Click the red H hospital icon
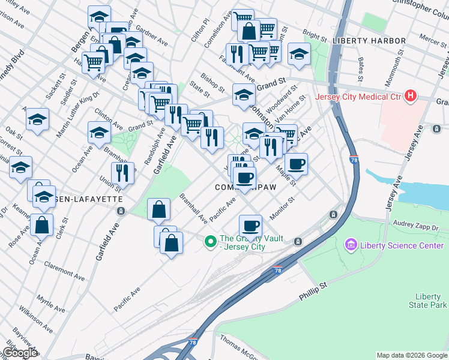pos(411,96)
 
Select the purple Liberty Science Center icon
pos(351,245)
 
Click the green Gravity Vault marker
pos(210,242)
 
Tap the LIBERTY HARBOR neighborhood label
pos(369,41)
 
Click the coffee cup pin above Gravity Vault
pos(250,226)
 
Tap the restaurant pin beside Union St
pos(122,173)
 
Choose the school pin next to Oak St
pos(37,119)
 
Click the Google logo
pos(19,353)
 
